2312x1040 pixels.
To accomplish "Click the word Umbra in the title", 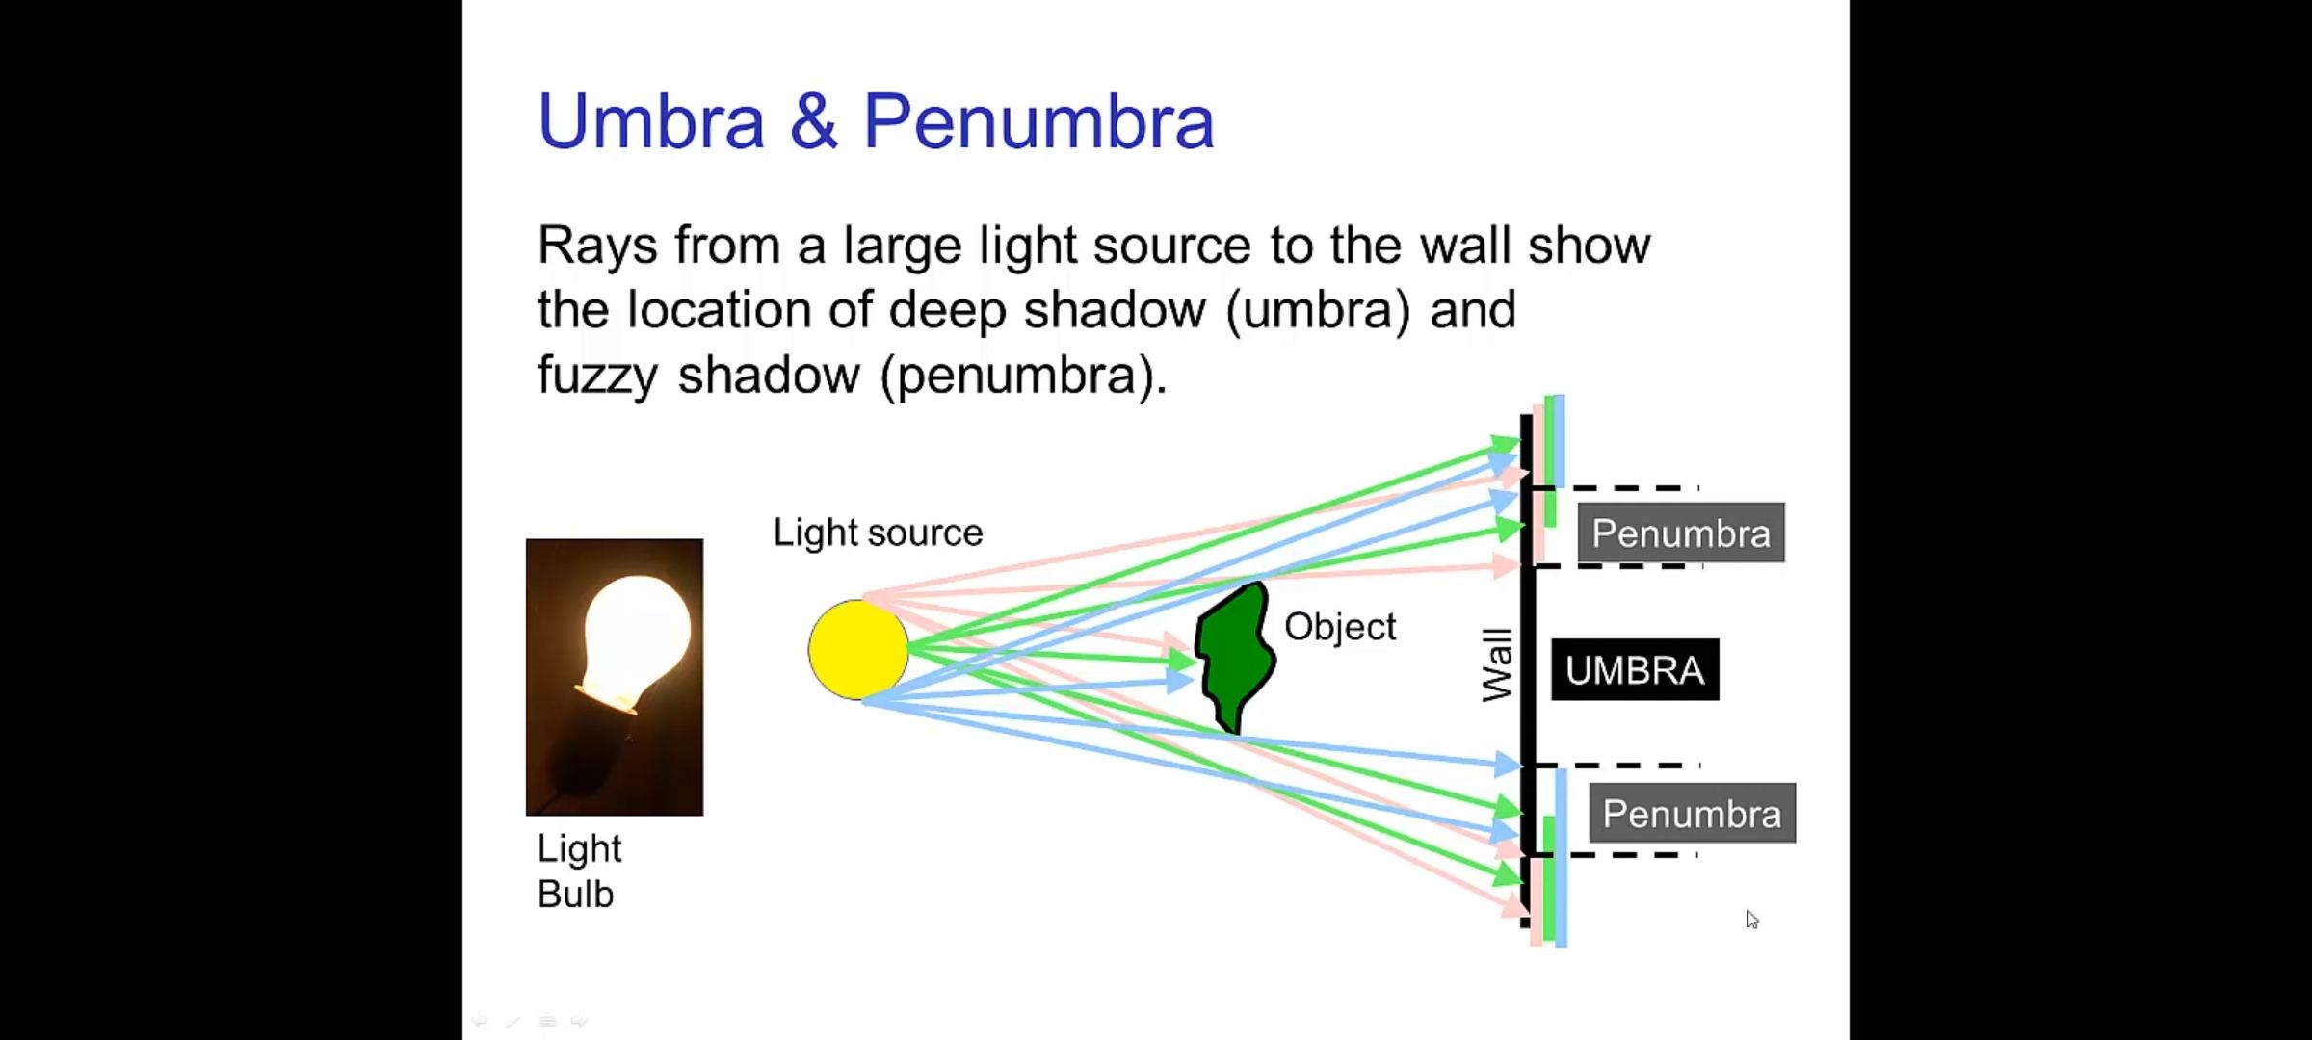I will (651, 122).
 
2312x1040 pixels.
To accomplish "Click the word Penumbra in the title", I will (1038, 122).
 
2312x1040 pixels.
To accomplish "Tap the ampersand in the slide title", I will (814, 122).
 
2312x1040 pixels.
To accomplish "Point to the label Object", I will (1339, 627).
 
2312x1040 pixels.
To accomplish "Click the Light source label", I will (878, 533).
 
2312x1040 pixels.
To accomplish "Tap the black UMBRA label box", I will (1634, 670).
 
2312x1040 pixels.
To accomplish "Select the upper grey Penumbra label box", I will (1680, 533).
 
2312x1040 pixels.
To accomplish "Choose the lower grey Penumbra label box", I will (1692, 814).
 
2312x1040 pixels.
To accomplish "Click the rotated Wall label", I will (1497, 665).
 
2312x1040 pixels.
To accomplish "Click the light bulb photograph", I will (615, 677).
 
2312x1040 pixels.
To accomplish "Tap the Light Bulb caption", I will (578, 871).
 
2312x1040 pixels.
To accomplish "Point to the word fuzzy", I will (597, 376).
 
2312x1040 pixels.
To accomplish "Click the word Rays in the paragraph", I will (597, 246).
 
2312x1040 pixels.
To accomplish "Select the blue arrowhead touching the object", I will (1180, 681).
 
